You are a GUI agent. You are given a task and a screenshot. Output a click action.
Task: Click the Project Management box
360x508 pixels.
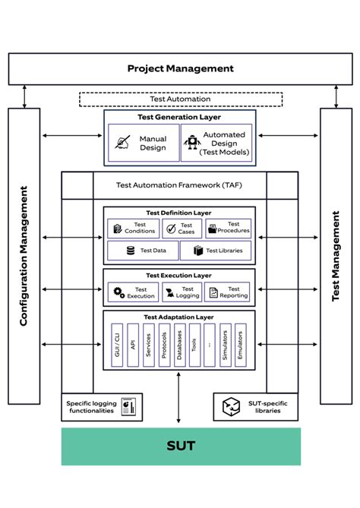pyautogui.click(x=180, y=68)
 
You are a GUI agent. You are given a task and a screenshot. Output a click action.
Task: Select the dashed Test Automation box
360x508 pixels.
pyautogui.click(x=180, y=99)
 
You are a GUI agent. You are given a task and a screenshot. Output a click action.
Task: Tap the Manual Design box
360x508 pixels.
pyautogui.click(x=142, y=144)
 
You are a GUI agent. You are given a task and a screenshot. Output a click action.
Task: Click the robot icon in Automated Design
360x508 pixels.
pyautogui.click(x=191, y=143)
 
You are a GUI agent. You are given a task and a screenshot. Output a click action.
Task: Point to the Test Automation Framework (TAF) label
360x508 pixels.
pyautogui.click(x=179, y=185)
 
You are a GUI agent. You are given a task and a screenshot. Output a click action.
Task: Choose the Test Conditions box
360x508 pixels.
pyautogui.click(x=130, y=228)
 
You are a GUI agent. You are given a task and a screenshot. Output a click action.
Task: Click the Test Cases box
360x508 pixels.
pyautogui.click(x=182, y=228)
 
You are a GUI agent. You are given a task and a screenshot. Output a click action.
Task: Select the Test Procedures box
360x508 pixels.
pyautogui.click(x=228, y=228)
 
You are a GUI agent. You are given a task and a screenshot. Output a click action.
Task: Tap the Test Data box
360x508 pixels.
pyautogui.click(x=142, y=250)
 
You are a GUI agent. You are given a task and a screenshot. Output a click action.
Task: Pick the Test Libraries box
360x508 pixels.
pyautogui.click(x=216, y=250)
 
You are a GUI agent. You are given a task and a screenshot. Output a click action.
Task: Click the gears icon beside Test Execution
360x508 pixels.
pyautogui.click(x=118, y=292)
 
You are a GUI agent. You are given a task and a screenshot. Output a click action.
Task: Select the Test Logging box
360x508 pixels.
pyautogui.click(x=182, y=292)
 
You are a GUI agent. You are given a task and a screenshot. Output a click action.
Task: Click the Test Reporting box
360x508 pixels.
pyautogui.click(x=228, y=292)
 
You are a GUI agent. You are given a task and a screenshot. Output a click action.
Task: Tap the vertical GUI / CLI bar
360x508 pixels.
pyautogui.click(x=115, y=346)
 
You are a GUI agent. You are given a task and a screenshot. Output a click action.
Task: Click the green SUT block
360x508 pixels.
pyautogui.click(x=180, y=446)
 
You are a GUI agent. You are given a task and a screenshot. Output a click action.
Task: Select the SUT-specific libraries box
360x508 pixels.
pyautogui.click(x=255, y=406)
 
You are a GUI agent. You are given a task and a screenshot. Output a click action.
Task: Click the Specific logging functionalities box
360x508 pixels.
pyautogui.click(x=102, y=406)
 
